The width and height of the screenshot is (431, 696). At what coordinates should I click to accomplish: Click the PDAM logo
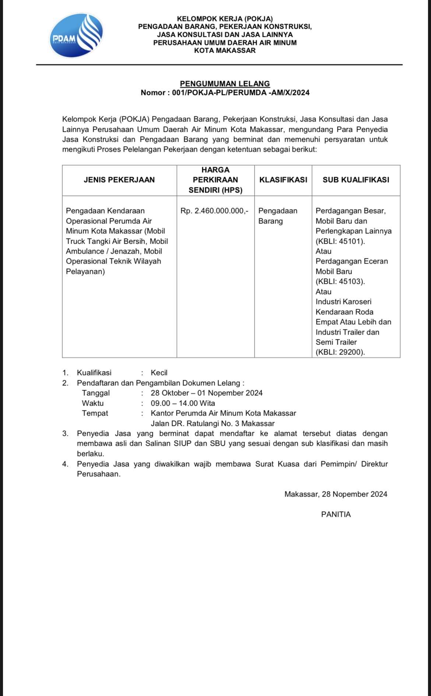tap(76, 36)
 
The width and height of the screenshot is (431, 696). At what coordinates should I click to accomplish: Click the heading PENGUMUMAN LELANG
tap(225, 84)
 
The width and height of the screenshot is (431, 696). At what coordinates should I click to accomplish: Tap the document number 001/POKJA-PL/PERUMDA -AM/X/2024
tap(241, 93)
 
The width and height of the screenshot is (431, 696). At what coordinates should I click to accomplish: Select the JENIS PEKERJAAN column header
tap(119, 180)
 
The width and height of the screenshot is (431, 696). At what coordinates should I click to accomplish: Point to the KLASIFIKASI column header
tap(283, 180)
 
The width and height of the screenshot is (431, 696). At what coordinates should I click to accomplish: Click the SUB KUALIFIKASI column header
tap(356, 180)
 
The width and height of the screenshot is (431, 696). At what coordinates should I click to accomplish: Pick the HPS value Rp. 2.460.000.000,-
tap(214, 211)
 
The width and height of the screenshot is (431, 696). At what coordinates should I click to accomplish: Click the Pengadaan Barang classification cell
tap(277, 216)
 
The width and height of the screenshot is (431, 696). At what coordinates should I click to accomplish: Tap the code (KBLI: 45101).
tap(340, 241)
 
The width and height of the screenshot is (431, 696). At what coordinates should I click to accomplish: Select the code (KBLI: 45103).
tap(340, 282)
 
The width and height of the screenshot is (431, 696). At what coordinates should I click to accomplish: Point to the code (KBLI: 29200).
tap(340, 352)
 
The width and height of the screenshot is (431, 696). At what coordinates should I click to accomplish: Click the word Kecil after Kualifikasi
tap(159, 373)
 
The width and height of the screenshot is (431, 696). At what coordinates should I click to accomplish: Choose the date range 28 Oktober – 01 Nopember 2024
tap(207, 393)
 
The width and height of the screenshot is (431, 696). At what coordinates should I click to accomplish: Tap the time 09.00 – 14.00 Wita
tap(183, 403)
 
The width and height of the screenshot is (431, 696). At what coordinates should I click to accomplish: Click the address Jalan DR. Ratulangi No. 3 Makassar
tap(213, 424)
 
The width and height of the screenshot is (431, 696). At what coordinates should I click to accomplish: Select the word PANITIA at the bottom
tap(336, 515)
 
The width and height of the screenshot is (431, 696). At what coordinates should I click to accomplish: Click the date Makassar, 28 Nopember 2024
tap(336, 494)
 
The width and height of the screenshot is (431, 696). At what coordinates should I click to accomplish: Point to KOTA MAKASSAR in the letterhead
tap(225, 51)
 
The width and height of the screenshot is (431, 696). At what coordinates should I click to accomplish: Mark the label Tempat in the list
tap(95, 413)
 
